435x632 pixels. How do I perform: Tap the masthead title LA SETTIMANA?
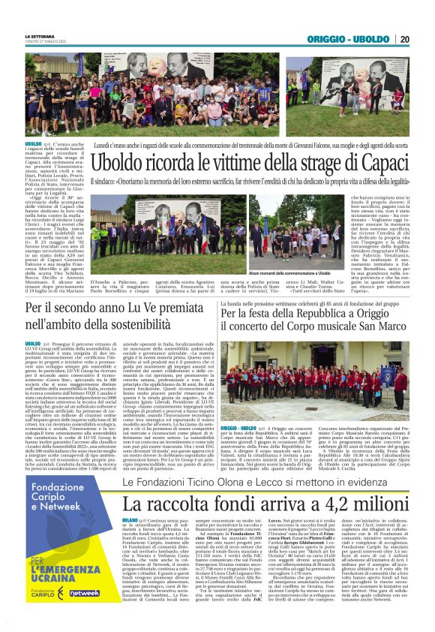(x=38, y=35)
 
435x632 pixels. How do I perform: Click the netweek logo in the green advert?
(x=84, y=593)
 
